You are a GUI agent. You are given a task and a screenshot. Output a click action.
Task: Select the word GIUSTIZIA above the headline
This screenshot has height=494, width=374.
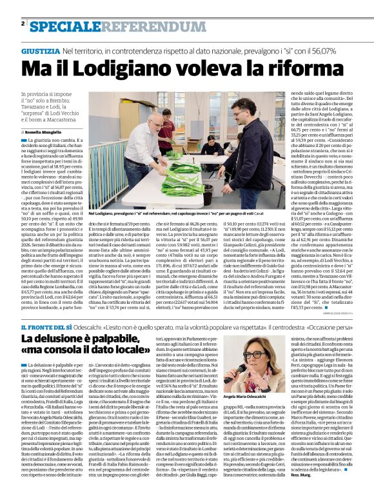[x=40, y=50]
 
